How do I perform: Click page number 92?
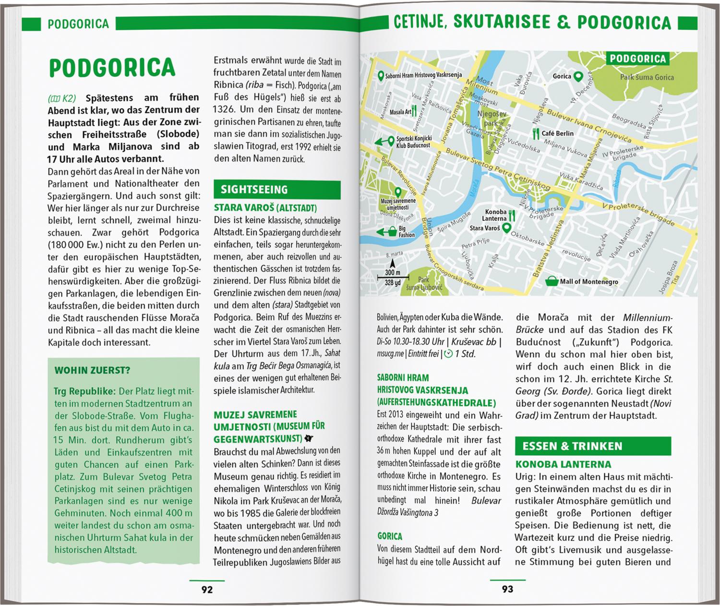pos(206,590)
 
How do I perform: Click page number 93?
pos(507,589)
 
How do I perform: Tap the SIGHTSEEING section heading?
pos(254,190)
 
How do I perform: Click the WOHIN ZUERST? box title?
pos(93,370)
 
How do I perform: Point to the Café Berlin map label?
pos(557,133)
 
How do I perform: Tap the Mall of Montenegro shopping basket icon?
pos(553,280)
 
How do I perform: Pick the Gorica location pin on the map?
pos(578,76)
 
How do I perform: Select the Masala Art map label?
pos(401,112)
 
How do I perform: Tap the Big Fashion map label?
pos(407,232)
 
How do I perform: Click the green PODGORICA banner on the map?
pos(637,59)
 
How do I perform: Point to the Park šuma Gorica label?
pos(647,77)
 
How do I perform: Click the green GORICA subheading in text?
pos(390,536)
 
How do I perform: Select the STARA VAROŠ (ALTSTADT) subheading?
pos(265,208)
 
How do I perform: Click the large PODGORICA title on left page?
pos(112,68)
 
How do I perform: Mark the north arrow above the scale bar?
pos(392,263)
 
